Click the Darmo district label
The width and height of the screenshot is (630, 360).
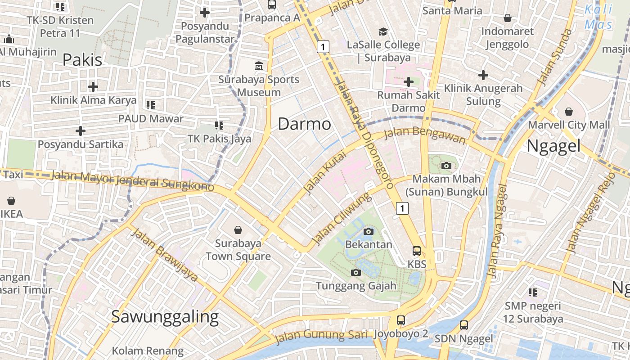304,124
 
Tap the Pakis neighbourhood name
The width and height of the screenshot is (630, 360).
82,59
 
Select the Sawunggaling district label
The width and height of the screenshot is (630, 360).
165,317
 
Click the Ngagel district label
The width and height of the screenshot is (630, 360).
553,146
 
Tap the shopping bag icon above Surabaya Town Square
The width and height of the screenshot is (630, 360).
238,230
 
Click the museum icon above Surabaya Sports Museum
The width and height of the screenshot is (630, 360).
259,66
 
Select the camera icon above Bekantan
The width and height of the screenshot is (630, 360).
369,231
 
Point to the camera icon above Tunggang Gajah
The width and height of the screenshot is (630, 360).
356,272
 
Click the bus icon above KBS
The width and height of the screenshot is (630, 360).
417,251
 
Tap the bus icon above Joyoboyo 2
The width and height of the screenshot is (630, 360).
400,320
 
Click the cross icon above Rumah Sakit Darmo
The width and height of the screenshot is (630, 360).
408,82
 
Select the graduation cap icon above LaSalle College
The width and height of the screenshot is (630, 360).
383,31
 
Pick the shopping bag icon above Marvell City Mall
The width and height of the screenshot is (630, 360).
569,111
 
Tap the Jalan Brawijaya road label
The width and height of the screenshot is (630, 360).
164,255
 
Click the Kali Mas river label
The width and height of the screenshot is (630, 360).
598,17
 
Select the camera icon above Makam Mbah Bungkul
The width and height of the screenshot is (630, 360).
446,166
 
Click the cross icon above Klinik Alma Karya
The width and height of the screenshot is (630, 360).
93,86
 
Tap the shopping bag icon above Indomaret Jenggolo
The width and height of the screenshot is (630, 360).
507,18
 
